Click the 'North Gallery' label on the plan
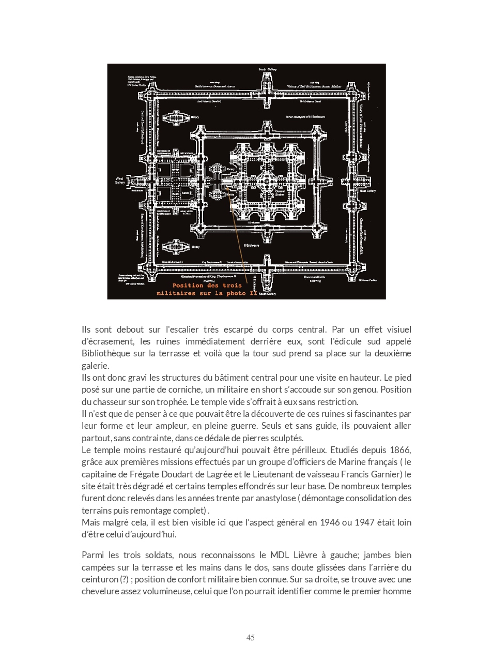click(x=268, y=69)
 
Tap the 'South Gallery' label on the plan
click(x=267, y=294)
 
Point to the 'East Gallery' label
click(x=367, y=191)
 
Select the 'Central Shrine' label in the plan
click(x=280, y=192)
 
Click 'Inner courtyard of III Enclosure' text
click(x=305, y=117)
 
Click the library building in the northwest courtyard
click(x=176, y=117)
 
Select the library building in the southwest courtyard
click(x=176, y=247)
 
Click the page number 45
click(x=250, y=638)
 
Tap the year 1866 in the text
click(x=400, y=450)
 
